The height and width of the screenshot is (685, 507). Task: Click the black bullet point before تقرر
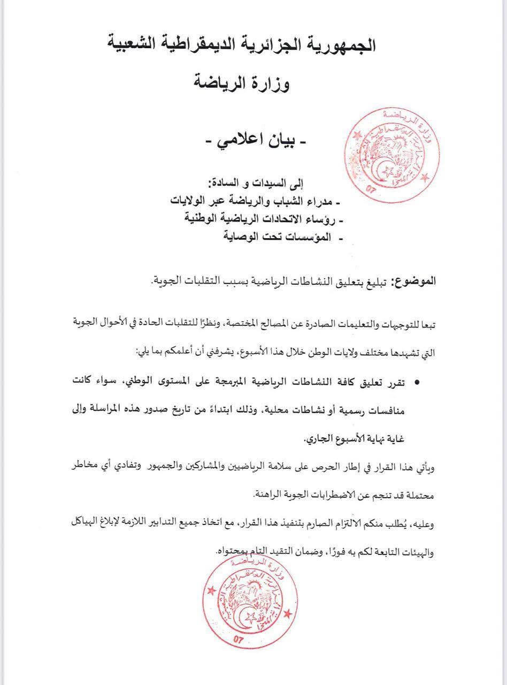click(418, 383)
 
